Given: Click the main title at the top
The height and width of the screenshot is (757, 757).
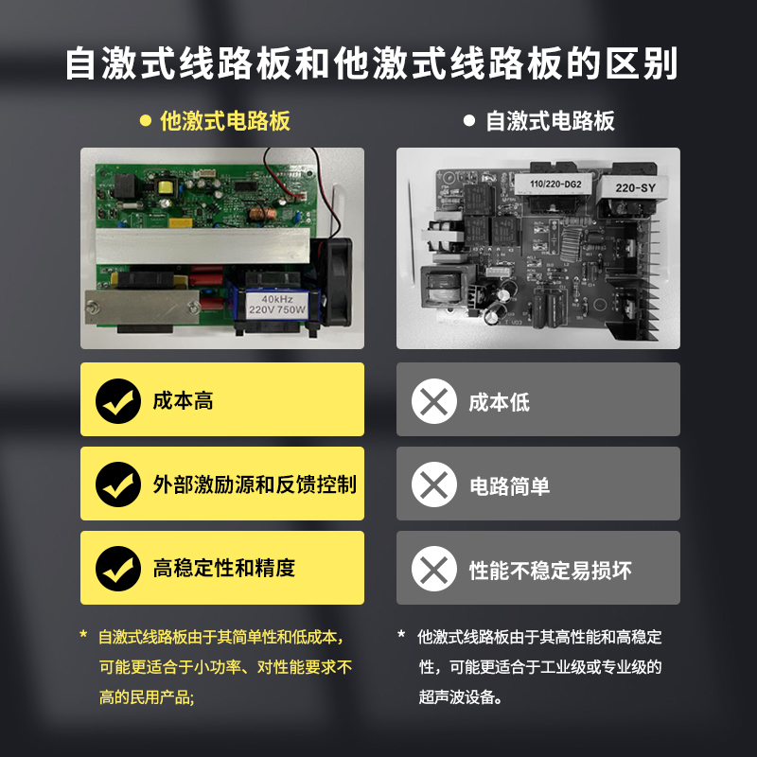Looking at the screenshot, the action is point(372,63).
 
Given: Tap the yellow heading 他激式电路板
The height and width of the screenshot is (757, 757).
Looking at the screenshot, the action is point(225,121).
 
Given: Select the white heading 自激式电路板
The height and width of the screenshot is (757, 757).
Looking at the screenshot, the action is point(550,121).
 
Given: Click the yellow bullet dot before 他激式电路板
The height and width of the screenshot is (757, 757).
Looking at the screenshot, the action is point(146,120).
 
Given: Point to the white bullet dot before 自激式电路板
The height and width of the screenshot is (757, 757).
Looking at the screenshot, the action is point(468,120).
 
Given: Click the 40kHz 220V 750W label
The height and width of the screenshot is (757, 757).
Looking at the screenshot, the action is point(277,305).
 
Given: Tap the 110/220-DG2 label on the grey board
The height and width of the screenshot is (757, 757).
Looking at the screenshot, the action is point(555,184).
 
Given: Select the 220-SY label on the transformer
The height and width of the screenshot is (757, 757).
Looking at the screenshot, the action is point(634,187).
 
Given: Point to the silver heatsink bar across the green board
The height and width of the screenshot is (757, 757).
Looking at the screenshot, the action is point(202,246).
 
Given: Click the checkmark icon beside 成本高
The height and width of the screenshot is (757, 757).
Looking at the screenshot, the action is point(118,401).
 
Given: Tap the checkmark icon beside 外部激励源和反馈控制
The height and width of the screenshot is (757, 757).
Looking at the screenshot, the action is point(118,484).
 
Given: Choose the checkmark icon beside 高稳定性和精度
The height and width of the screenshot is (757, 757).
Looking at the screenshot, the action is point(118,569).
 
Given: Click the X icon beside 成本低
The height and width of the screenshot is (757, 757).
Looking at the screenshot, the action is point(434,401).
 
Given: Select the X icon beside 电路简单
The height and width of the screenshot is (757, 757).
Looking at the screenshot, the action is point(434,484).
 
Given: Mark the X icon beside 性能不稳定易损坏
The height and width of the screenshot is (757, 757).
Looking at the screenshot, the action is point(434,569).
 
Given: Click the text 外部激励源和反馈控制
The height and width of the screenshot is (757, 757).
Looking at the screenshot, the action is point(255,484).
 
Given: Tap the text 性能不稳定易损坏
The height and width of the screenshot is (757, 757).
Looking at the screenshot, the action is point(551,571).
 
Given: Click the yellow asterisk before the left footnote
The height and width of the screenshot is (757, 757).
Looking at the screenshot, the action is point(83,634).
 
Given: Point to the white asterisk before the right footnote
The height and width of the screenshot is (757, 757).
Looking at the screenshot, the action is point(401,634).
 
